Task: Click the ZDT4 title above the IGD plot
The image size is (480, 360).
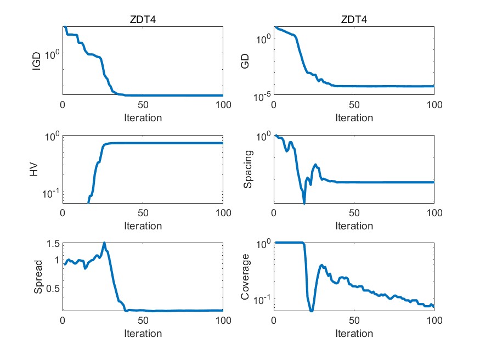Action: (x=143, y=19)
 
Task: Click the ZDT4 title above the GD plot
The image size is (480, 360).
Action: (x=354, y=19)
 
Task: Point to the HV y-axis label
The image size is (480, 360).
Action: (x=35, y=170)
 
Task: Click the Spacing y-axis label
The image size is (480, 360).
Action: (x=248, y=170)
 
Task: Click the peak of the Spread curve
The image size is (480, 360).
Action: (x=104, y=243)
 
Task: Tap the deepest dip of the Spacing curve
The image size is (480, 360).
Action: (x=304, y=203)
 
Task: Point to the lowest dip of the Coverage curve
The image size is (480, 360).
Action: (x=312, y=311)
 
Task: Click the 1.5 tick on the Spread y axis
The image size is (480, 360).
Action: (x=53, y=244)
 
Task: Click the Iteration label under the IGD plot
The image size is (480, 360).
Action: (x=143, y=117)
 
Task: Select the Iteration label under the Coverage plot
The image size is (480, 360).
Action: (x=354, y=333)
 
